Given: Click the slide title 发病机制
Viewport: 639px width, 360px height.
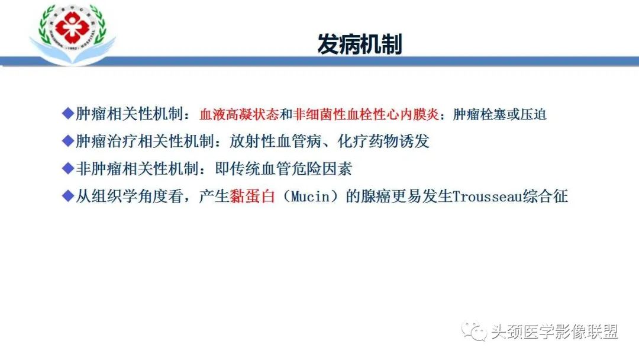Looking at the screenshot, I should pos(360,44).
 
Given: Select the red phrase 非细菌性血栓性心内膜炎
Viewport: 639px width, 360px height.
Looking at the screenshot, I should pos(366,115).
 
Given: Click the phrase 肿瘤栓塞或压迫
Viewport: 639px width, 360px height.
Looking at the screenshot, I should pos(499,115).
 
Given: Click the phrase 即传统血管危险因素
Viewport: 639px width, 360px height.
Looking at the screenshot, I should pos(284,169).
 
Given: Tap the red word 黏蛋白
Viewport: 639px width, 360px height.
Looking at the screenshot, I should pos(253,197).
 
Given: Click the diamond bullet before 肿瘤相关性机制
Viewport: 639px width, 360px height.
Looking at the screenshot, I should pos(67,114).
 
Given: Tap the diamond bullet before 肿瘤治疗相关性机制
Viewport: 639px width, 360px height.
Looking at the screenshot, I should pos(67,141).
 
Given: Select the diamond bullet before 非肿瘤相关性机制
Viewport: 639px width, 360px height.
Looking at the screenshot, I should pos(67,168).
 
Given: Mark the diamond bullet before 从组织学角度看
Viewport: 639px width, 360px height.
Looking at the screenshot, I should pos(67,195).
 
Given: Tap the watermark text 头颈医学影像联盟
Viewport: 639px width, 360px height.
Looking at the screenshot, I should pos(554,332).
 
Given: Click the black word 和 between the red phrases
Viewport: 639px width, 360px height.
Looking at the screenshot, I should pos(286,115).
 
